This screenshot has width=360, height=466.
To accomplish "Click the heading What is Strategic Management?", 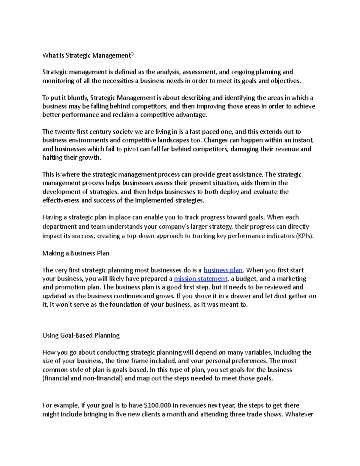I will [88, 55].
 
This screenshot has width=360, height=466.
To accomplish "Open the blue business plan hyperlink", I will [223, 270].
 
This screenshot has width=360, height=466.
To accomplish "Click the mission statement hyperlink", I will [200, 279].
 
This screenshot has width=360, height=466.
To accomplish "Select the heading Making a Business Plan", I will [76, 253].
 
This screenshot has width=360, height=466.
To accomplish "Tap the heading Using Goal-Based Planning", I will [81, 335].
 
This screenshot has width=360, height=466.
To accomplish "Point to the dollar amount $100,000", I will [157, 405].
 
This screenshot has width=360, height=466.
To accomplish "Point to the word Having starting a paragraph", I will [51, 217].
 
